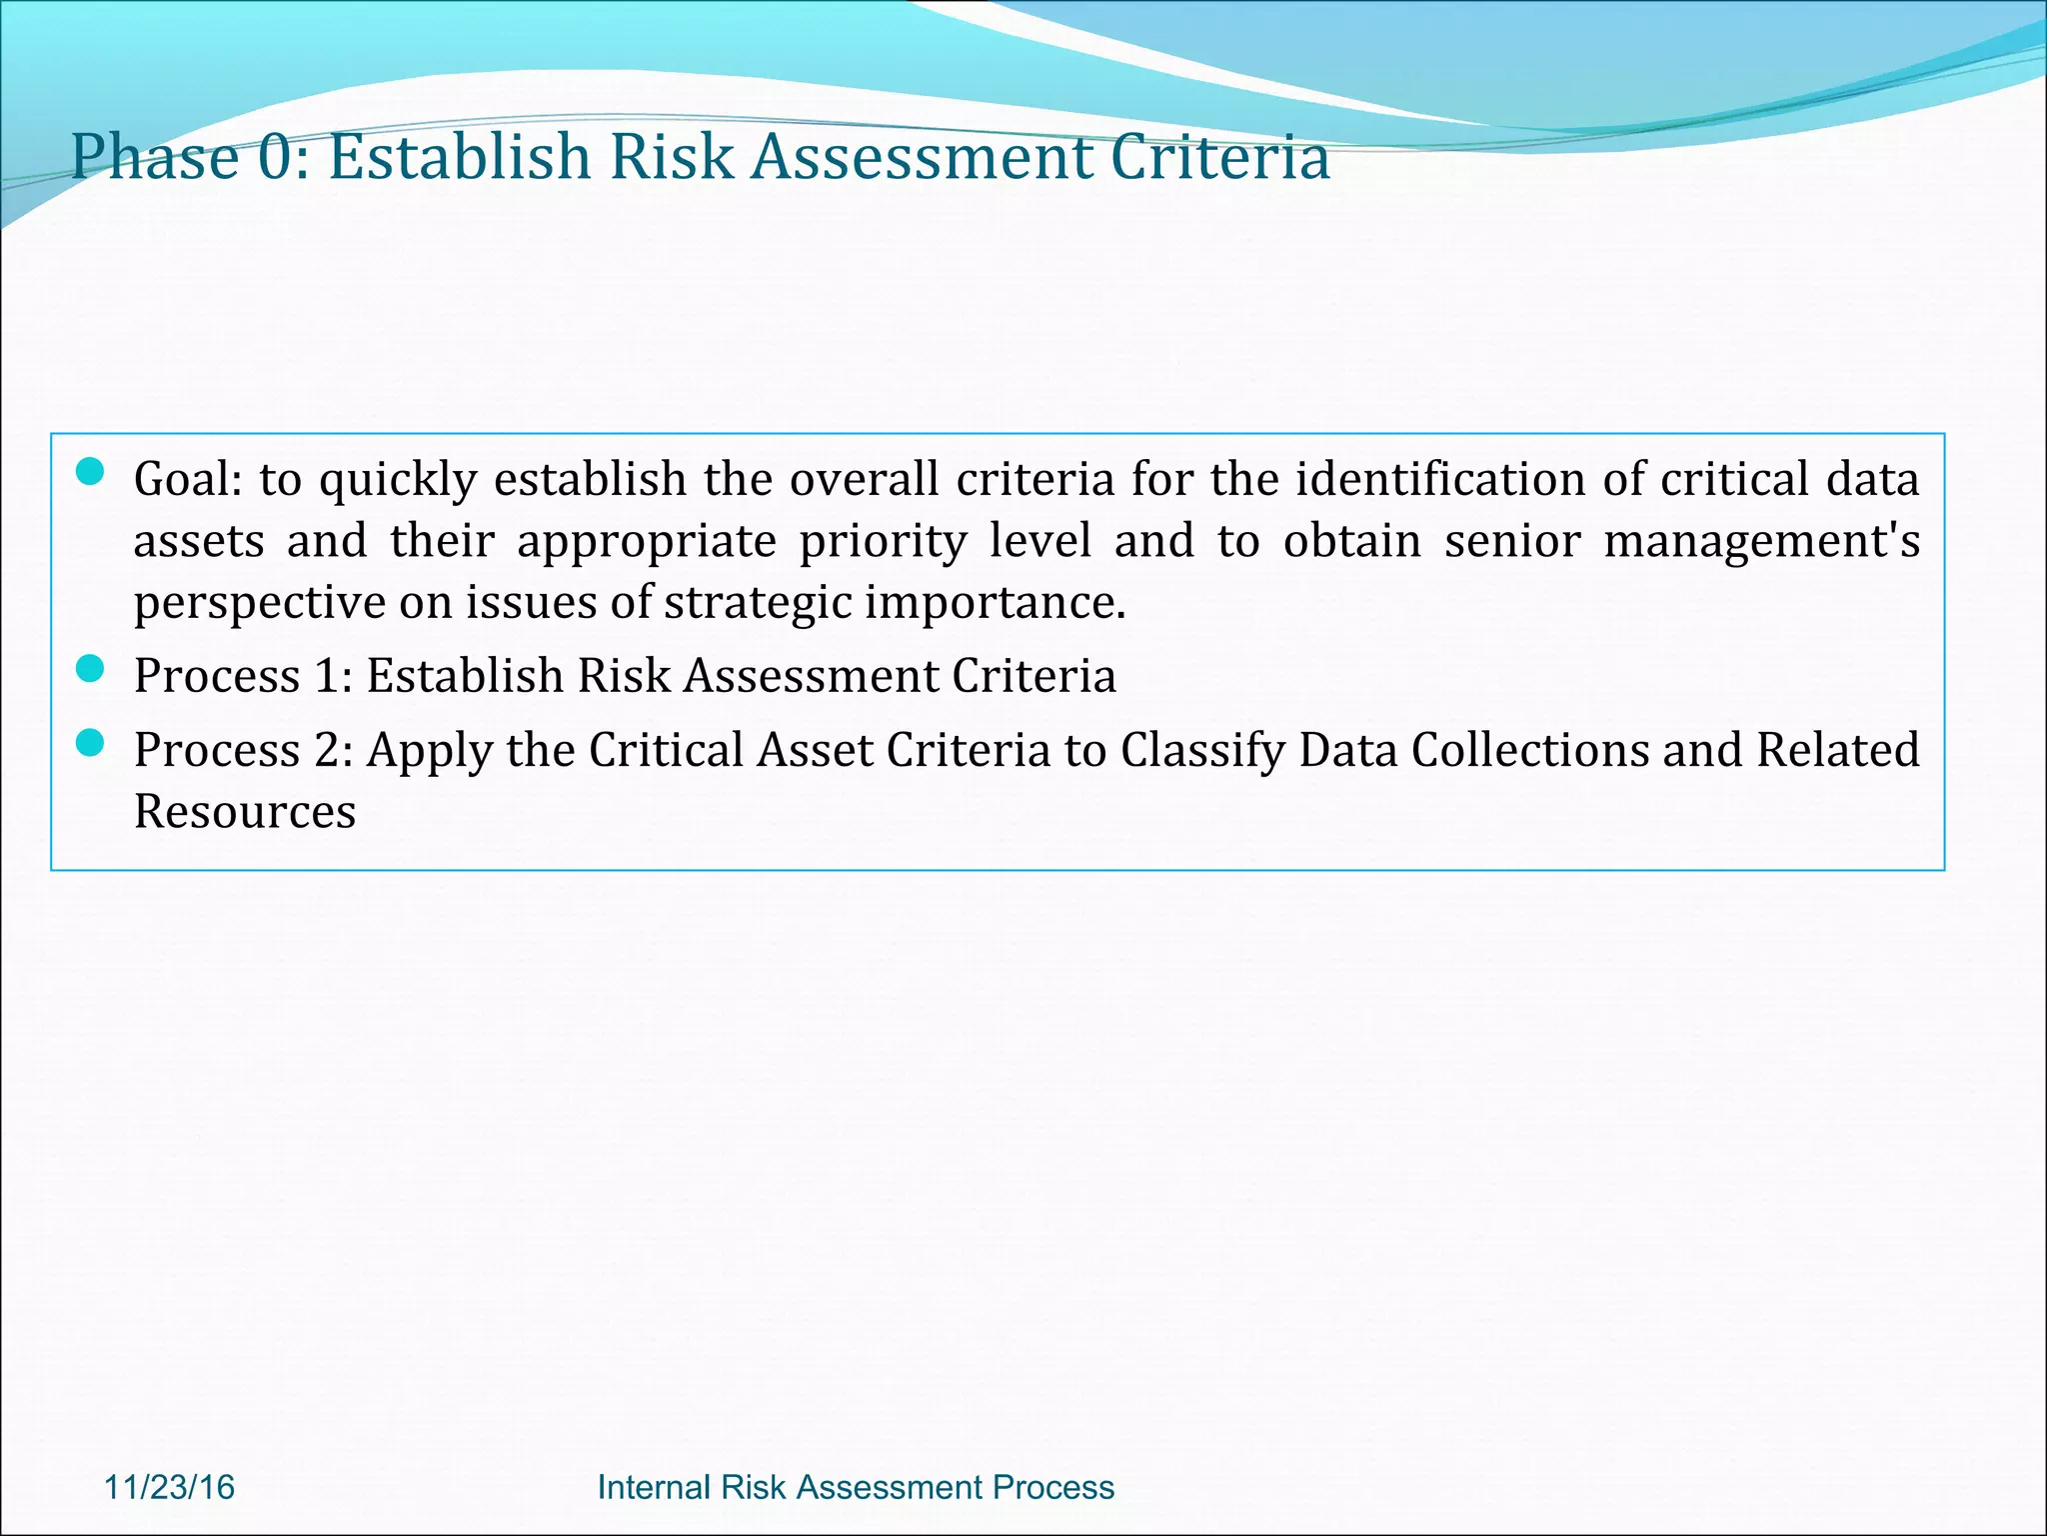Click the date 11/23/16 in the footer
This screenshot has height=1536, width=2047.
(x=170, y=1487)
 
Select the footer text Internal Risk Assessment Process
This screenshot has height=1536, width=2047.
(x=856, y=1487)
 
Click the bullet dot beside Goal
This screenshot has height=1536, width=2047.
(x=90, y=472)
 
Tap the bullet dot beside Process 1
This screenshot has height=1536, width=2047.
(x=90, y=668)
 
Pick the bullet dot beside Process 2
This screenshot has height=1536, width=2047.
(x=90, y=742)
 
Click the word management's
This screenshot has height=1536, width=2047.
(x=1761, y=541)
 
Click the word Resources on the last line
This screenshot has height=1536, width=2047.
(x=245, y=811)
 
